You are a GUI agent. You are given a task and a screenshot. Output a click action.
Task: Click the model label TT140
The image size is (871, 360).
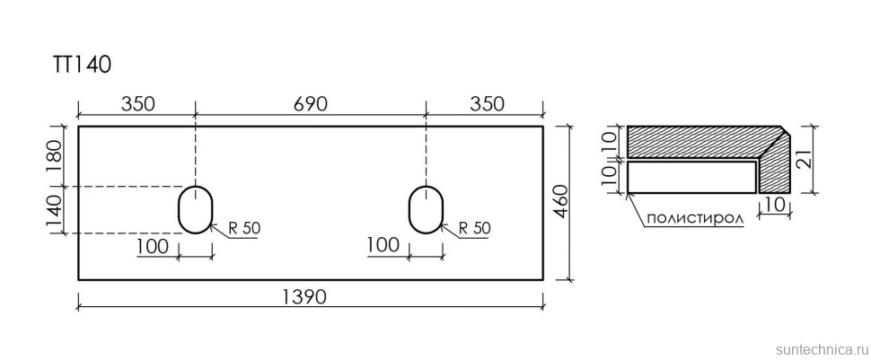(x=83, y=65)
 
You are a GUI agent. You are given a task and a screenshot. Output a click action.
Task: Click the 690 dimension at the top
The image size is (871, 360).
(x=311, y=104)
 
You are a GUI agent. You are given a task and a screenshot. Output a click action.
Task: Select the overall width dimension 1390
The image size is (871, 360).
(x=305, y=298)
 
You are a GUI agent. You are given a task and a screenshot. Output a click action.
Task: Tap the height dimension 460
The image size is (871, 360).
(x=560, y=203)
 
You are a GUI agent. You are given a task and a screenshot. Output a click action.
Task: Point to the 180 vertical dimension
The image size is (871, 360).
(x=57, y=157)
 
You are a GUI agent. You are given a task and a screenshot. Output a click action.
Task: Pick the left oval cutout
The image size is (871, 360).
(x=195, y=209)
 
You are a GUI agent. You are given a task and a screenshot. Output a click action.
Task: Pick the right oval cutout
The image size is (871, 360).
(x=426, y=209)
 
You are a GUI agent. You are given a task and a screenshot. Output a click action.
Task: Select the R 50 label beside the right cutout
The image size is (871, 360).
(x=475, y=227)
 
